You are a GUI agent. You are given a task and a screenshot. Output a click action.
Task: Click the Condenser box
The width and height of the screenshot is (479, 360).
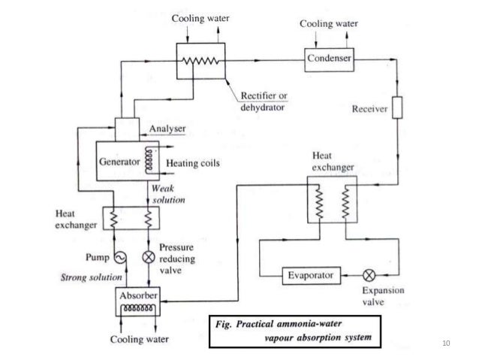[x=329, y=58]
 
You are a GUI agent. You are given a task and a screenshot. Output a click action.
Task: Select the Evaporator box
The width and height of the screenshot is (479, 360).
[x=312, y=275]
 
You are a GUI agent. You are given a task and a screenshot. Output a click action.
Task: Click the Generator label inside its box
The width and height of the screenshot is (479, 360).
[x=119, y=162]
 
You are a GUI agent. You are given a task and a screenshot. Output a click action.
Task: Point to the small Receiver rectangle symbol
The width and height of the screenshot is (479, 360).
[x=397, y=109]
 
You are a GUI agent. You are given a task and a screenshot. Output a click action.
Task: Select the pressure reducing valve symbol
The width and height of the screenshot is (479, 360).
[x=147, y=257]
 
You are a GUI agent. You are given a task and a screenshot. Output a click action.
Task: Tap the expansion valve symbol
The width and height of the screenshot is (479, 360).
[x=368, y=275]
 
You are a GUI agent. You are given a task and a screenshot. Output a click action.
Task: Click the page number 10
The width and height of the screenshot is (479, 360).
[x=450, y=344]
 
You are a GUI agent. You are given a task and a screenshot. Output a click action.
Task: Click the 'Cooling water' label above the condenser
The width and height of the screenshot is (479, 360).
[x=329, y=24]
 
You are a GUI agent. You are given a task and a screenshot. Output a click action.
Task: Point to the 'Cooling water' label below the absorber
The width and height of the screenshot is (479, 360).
[x=138, y=339]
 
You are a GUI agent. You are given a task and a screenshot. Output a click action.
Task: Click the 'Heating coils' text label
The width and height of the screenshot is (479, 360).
[x=192, y=162]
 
